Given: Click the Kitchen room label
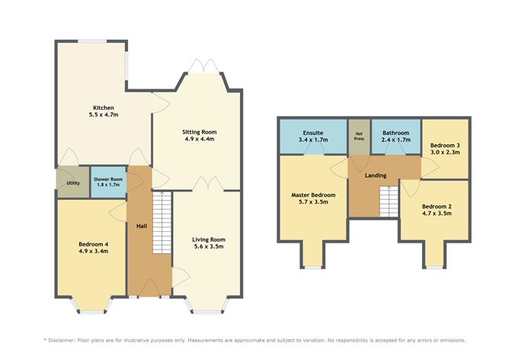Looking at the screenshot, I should [104, 107].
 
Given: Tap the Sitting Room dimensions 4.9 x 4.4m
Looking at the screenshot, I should [200, 140].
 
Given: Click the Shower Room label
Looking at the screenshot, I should [107, 178].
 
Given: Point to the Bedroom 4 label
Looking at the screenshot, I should [93, 244].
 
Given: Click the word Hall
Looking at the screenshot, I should [142, 226].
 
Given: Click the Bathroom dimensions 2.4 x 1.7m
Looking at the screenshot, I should [396, 140].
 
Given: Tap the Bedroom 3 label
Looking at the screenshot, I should [444, 145].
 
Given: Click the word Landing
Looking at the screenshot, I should [376, 175].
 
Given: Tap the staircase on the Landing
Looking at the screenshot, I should [389, 201].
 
